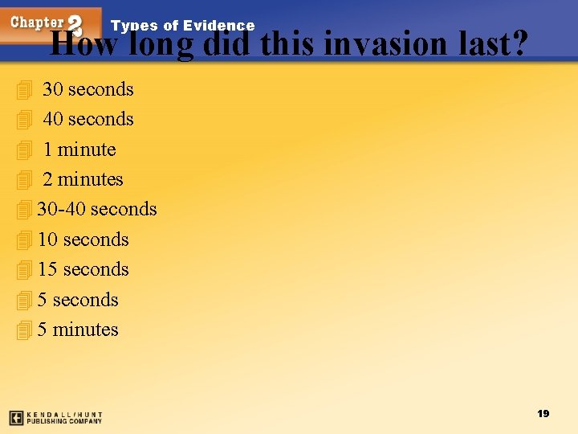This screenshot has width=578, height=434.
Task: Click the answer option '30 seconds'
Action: [88, 89]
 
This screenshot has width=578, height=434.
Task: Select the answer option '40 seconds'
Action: [88, 119]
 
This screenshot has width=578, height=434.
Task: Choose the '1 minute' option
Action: [79, 149]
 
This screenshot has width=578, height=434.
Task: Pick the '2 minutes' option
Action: [83, 179]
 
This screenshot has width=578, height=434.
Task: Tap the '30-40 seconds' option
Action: [96, 209]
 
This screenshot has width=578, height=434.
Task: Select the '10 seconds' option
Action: [83, 240]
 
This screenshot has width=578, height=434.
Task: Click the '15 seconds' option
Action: [83, 269]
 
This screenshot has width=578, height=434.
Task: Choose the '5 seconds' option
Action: [78, 300]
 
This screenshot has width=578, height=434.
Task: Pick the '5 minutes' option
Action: [78, 330]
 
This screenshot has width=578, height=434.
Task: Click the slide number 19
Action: [543, 413]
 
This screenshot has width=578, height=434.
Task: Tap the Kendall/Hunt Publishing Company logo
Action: [55, 418]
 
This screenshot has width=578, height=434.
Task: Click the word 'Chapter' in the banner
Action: [37, 23]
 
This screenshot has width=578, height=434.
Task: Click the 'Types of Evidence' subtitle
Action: [182, 26]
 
